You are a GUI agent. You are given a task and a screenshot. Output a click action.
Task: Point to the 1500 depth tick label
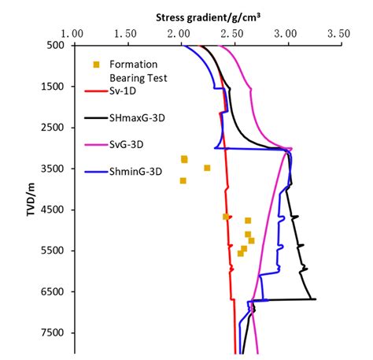tap(51, 87)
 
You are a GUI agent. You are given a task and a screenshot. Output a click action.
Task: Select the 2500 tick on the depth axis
tap(51, 128)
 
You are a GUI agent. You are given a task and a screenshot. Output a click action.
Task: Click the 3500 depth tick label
tap(51, 169)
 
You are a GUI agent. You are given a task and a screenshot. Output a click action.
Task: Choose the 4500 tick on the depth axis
tap(51, 210)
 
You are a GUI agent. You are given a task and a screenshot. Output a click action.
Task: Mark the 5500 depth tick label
tap(51, 251)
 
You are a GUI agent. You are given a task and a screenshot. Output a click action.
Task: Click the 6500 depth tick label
tap(51, 291)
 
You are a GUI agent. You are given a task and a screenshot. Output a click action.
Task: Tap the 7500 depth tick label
tap(51, 332)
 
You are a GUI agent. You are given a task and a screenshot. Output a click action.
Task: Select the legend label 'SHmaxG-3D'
tap(135, 117)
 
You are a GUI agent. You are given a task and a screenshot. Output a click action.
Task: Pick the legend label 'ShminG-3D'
tap(134, 169)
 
